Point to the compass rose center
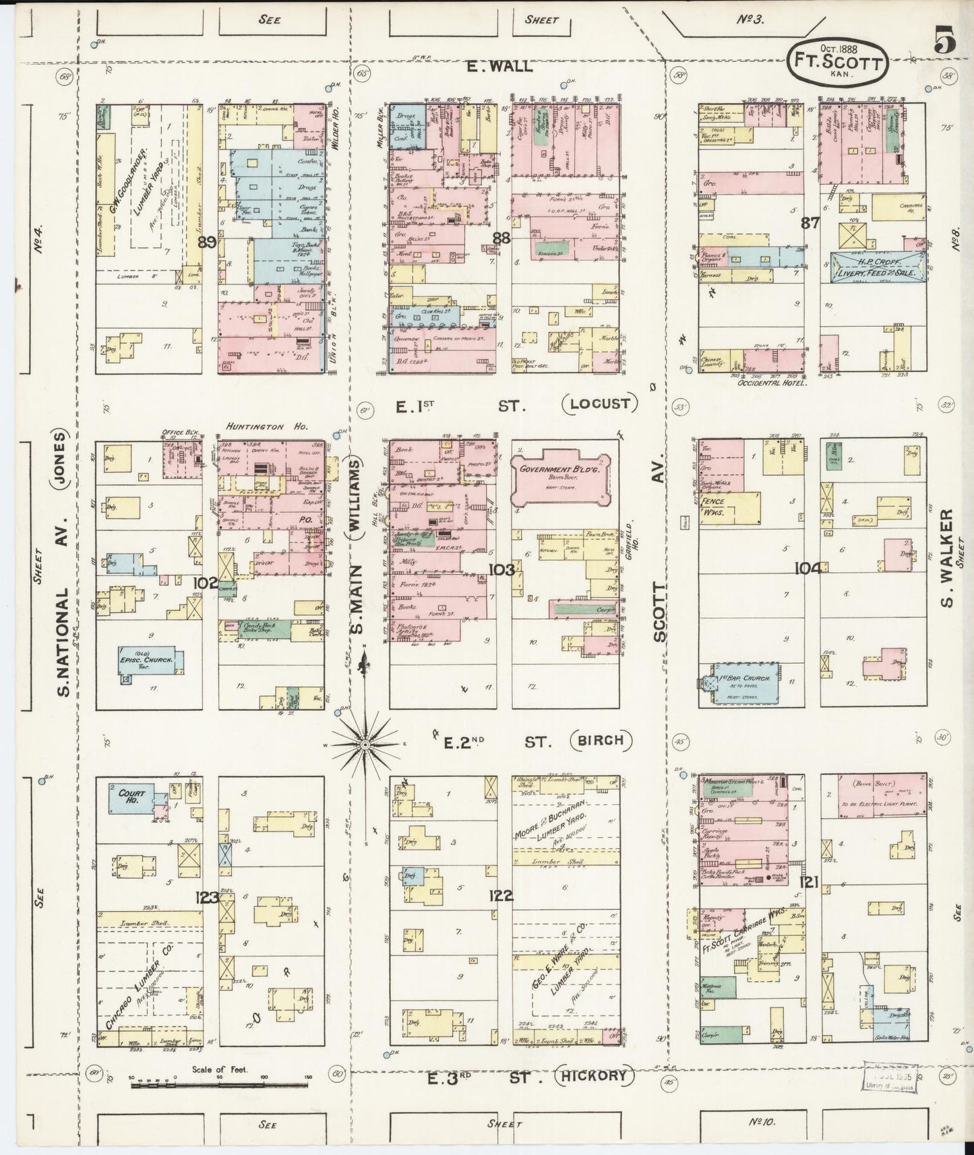(x=365, y=744)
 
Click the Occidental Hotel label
(x=772, y=382)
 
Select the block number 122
(x=501, y=896)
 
